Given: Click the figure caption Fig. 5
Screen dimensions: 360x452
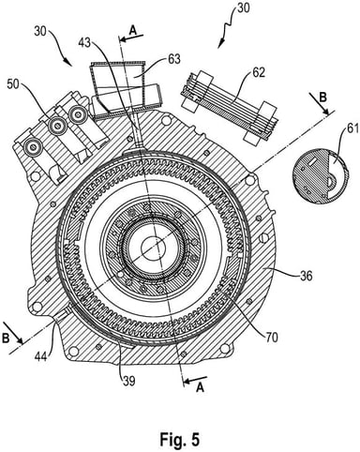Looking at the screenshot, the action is click(x=179, y=439).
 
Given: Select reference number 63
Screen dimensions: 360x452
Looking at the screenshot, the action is click(x=173, y=59).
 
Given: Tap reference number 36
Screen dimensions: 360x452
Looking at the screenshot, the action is click(x=306, y=276).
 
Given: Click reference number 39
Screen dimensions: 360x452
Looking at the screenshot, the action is click(x=127, y=381).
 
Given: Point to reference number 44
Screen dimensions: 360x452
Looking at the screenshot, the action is click(x=41, y=356).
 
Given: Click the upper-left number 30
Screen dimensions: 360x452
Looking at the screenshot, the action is click(x=42, y=32).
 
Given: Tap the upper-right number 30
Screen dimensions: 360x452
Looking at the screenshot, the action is click(x=243, y=8).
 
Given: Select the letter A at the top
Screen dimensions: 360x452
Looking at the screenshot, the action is click(x=133, y=30).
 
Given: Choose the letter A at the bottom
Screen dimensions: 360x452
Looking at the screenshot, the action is click(x=200, y=388).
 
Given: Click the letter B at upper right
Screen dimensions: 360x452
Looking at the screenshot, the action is click(x=323, y=98).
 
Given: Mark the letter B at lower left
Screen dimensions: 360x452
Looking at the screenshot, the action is click(x=6, y=339).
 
